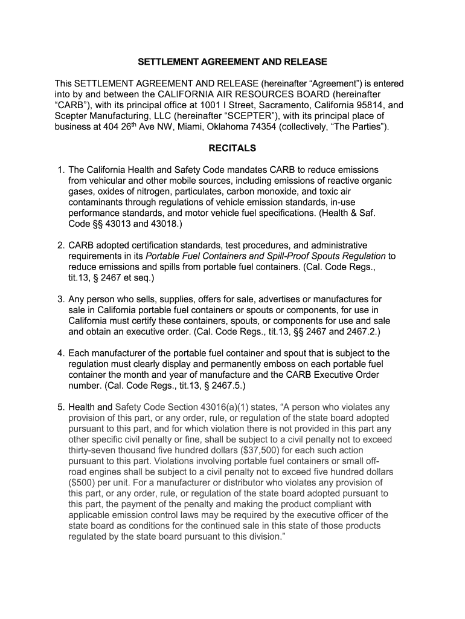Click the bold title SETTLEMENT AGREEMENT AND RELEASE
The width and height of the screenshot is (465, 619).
click(x=232, y=62)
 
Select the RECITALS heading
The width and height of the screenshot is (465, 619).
click(x=232, y=148)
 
